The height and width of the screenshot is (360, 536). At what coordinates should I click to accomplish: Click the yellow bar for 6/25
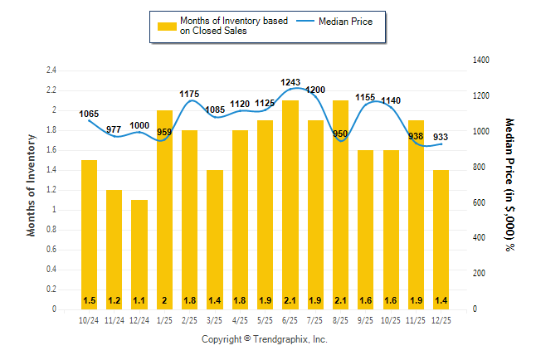coord(290,204)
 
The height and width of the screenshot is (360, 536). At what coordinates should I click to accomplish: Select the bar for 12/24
coord(139,254)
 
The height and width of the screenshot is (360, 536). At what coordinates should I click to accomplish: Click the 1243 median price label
coord(290,82)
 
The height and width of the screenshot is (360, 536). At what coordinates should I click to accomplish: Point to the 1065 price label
coord(89,114)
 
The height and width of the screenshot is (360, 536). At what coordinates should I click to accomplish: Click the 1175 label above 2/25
coord(190,94)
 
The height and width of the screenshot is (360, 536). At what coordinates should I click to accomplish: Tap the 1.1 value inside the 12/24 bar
coord(139,300)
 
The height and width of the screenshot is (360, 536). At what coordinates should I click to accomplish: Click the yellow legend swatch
coord(166,27)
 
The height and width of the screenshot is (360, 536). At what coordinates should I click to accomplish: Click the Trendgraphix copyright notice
coord(265,340)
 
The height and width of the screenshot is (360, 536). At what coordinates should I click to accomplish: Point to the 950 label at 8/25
coord(340,134)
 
